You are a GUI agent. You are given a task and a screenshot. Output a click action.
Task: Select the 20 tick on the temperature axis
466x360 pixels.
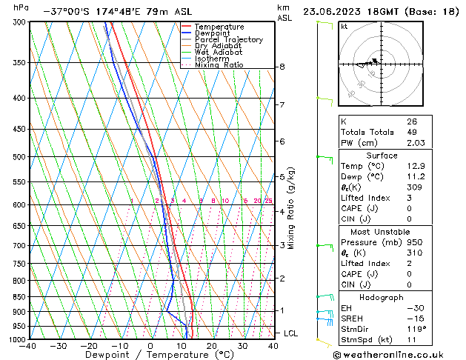(x=212, y=346)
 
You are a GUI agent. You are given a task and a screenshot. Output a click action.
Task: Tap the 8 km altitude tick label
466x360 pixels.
(x=282, y=67)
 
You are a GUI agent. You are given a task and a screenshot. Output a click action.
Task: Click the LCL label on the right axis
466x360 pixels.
(x=290, y=334)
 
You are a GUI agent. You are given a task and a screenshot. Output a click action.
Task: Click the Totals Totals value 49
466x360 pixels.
(x=411, y=133)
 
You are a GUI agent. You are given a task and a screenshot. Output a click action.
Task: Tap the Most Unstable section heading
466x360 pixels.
(x=382, y=231)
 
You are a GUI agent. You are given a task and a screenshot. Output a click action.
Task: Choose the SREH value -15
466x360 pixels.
(x=413, y=318)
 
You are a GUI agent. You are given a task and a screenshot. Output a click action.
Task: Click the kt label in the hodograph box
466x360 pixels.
(x=344, y=27)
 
